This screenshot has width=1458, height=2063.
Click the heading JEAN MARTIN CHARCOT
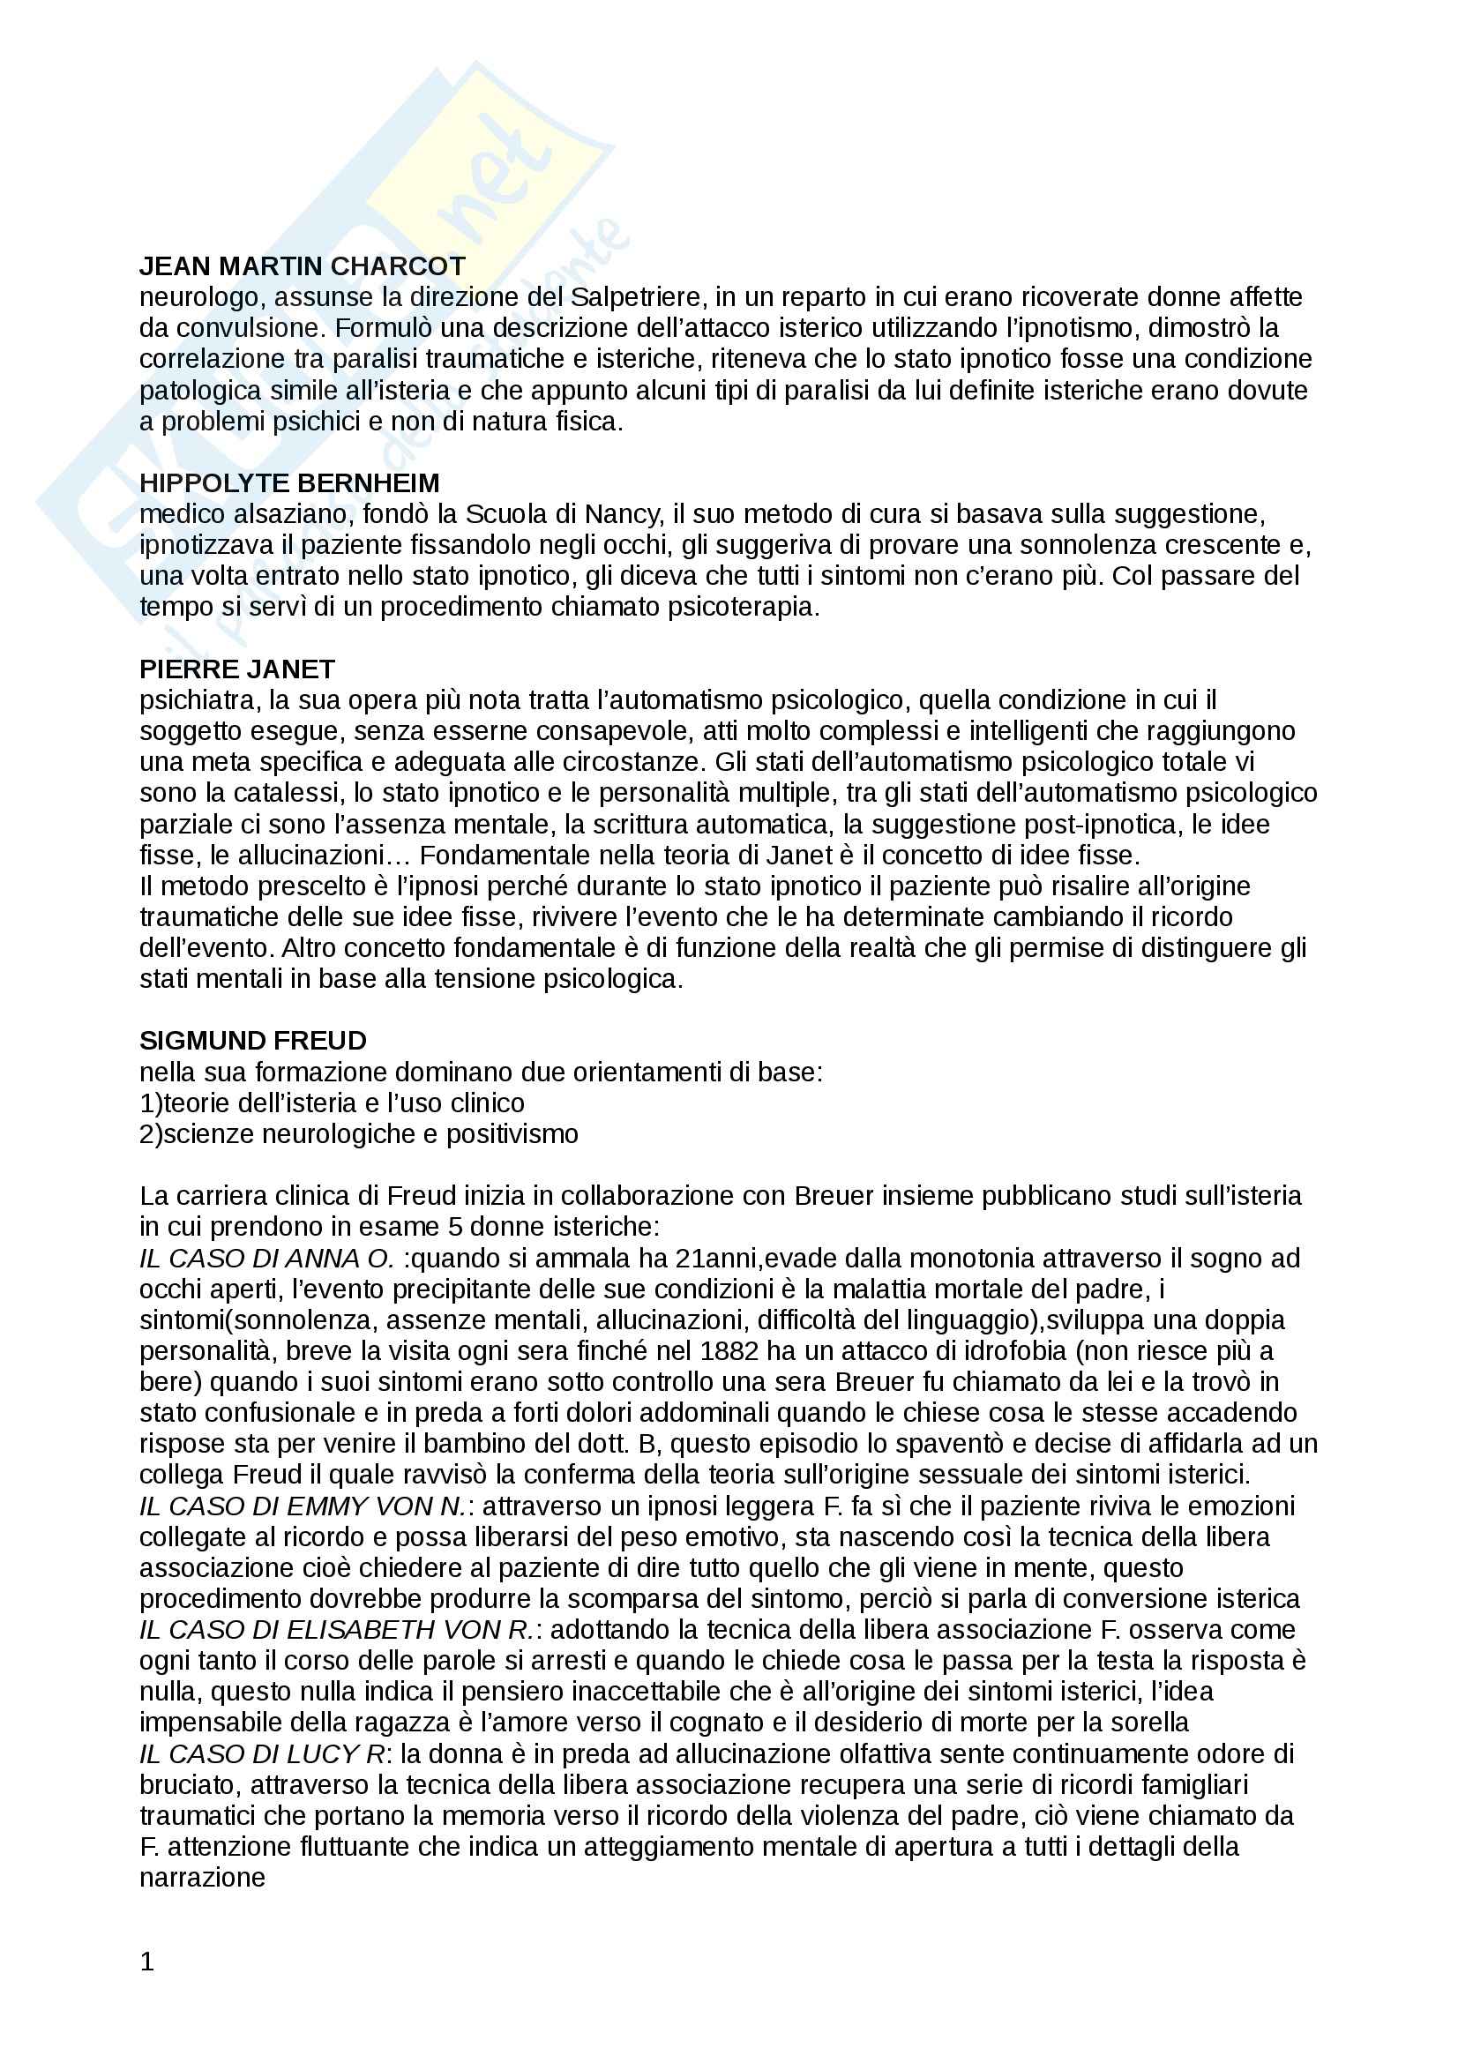[302, 266]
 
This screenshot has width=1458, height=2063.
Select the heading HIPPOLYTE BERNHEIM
[289, 483]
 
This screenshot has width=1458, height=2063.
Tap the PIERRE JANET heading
[237, 669]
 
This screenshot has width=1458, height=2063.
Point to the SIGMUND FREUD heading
[253, 1041]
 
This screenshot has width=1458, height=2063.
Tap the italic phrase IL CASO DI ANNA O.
[266, 1258]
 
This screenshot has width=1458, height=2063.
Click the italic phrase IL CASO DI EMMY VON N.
[303, 1506]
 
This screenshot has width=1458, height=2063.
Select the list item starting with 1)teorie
[332, 1103]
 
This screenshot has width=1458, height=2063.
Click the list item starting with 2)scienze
[358, 1134]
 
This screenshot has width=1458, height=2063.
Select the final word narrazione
[202, 1878]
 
